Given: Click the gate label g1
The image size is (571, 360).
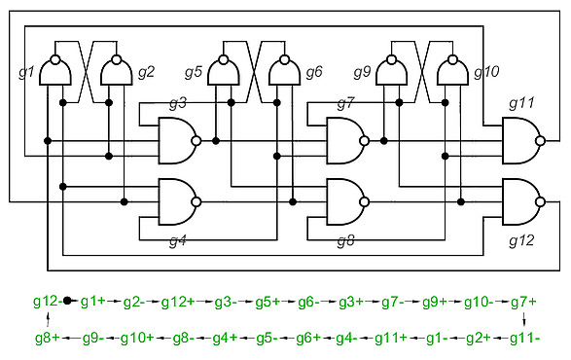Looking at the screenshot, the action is coord(26,73).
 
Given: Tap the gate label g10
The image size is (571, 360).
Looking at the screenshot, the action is coord(486,73).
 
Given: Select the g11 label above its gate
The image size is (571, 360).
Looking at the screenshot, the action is coord(521,103).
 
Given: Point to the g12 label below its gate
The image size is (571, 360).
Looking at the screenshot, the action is coord(521,240).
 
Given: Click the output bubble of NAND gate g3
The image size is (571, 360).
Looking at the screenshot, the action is coord(196,141).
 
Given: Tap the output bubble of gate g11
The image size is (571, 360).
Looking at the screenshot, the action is coord(540,141).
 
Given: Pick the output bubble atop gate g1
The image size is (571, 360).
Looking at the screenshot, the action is coord(55,59).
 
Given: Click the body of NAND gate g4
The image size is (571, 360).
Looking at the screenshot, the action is coord(175,201).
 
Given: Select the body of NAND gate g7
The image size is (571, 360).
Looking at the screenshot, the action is coord(343,141).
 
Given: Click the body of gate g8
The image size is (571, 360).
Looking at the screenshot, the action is coord(343,201).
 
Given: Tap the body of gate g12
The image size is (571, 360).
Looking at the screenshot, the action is coord(519,201).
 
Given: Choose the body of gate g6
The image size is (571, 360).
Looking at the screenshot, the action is coord(284,74).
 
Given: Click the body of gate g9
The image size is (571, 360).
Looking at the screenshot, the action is coord(391,74).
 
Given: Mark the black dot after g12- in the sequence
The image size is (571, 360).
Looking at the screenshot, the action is coord(67,301).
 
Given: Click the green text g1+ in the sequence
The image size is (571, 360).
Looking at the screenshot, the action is coord(92,302).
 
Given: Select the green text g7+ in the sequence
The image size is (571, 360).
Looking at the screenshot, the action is coord(523,302).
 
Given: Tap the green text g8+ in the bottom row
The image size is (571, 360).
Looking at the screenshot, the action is coord(48,338).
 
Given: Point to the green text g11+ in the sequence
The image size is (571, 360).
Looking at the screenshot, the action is coord(391,338).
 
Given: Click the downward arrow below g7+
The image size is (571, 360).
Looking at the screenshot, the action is coord(524,319).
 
